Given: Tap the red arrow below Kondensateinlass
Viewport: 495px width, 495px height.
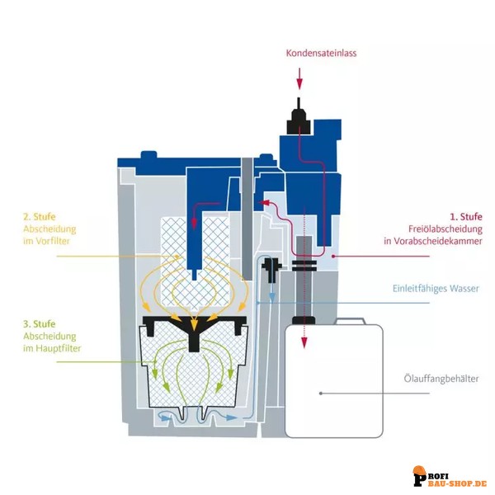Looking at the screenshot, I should pos(299,80).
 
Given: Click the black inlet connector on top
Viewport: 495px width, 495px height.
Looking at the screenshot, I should pos(299,120).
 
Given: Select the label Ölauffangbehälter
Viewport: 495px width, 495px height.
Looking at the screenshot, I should pos(436,383).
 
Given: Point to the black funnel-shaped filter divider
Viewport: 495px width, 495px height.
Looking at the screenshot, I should pos(195,326).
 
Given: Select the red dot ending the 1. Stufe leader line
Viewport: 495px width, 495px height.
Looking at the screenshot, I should pos(332,257).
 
